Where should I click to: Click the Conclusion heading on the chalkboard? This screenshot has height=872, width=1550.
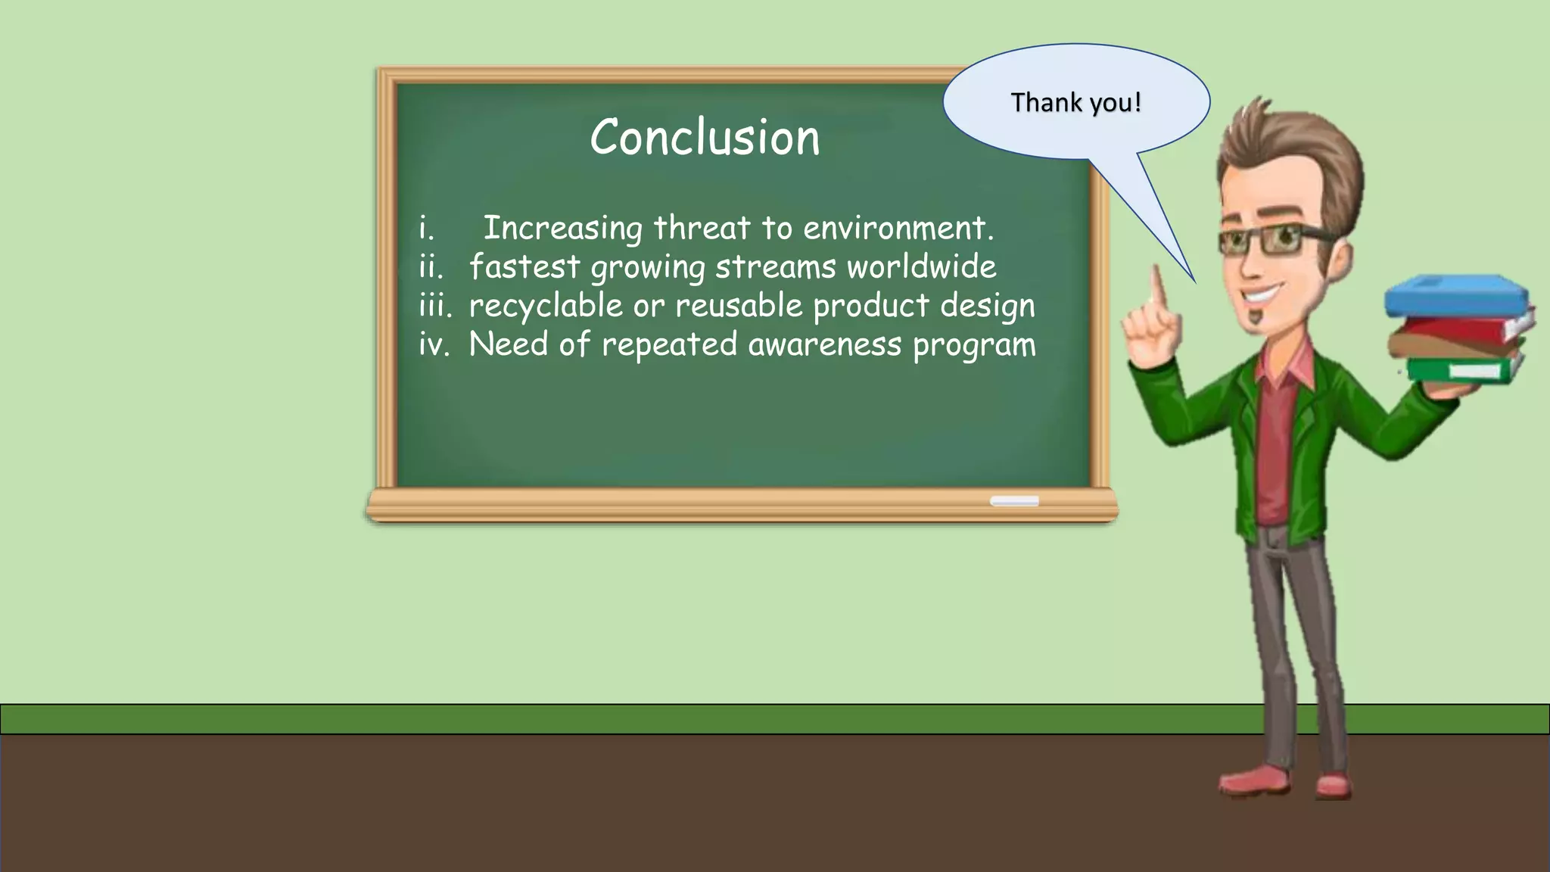[x=705, y=138]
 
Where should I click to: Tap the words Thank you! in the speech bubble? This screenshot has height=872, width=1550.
[x=1075, y=102]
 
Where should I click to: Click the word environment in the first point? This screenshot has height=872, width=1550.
[x=898, y=228]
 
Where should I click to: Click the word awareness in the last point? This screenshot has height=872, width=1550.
[x=825, y=344]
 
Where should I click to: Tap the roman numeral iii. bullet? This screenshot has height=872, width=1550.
[x=435, y=306]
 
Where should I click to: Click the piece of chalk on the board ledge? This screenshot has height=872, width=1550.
[x=1014, y=501]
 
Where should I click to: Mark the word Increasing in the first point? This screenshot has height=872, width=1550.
[x=562, y=228]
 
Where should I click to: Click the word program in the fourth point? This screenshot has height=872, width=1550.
[x=974, y=345]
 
